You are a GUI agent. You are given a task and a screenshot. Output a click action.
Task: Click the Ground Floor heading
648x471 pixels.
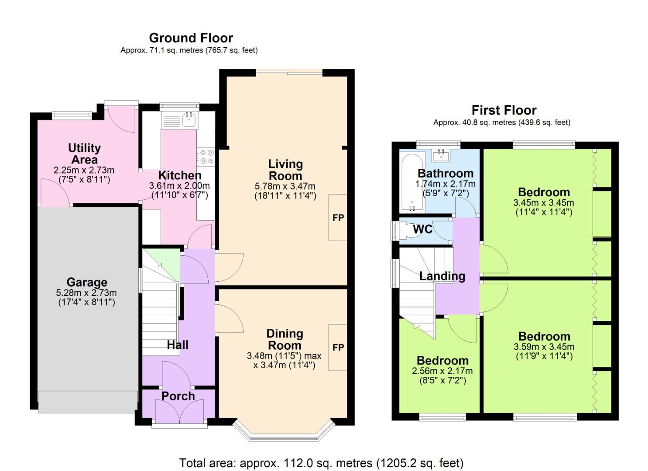click(191, 38)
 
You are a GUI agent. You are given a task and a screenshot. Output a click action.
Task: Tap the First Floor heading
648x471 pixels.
click(504, 110)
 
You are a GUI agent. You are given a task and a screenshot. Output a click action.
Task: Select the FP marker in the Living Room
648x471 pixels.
click(338, 218)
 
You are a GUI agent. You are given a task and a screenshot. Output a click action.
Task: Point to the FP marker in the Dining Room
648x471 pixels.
click(338, 347)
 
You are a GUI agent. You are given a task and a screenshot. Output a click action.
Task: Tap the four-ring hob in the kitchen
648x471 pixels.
click(206, 157)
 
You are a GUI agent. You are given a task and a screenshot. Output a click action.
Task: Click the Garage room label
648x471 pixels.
click(87, 282)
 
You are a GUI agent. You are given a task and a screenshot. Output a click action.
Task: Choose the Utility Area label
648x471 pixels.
click(84, 154)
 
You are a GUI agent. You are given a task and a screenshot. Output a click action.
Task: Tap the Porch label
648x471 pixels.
click(178, 396)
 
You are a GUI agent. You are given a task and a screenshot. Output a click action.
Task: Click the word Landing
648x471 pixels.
click(442, 276)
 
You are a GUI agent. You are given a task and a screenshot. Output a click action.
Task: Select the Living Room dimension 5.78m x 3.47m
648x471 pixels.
click(285, 186)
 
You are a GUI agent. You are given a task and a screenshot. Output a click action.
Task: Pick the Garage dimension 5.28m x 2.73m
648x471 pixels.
click(86, 293)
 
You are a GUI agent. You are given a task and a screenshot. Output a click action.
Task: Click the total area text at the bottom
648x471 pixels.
click(321, 463)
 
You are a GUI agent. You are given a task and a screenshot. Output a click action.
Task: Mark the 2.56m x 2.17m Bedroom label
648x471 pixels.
click(442, 361)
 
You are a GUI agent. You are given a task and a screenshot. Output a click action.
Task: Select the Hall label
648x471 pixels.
click(178, 345)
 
